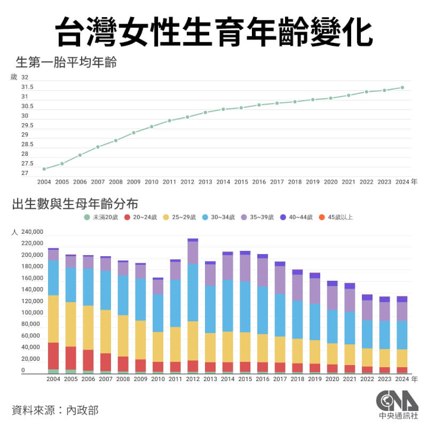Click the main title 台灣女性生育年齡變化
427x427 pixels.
(213, 30)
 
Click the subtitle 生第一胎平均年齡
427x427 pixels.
(67, 62)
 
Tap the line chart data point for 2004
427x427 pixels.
(44, 169)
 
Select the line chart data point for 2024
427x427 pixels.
(402, 88)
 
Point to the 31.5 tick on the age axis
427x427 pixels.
(27, 87)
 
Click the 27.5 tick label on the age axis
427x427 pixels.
(27, 163)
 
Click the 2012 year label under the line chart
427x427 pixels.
(187, 182)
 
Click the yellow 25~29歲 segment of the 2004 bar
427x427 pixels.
(53, 319)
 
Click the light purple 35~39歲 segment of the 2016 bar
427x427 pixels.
(263, 272)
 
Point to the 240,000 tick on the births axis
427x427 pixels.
(32, 232)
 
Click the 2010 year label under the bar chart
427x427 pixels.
(158, 379)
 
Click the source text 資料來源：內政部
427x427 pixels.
(55, 410)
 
